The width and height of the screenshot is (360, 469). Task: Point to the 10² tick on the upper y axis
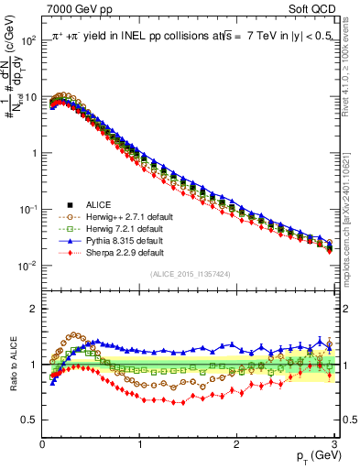30,40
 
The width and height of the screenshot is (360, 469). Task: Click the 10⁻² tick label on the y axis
30,266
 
